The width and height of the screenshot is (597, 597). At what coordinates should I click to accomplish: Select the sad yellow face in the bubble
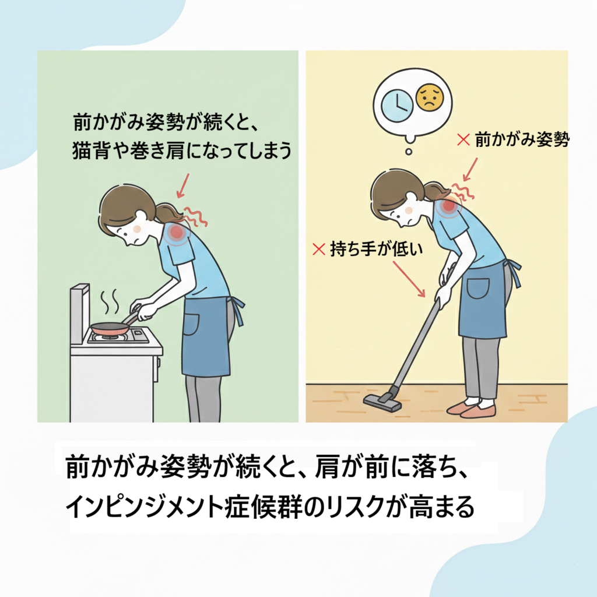430,97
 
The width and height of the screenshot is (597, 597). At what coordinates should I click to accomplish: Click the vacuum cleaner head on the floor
382,401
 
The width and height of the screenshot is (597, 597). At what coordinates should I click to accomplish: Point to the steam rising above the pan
110,301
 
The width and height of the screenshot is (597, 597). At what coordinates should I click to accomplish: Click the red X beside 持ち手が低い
318,250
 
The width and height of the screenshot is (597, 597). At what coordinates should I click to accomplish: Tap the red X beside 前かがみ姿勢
463,139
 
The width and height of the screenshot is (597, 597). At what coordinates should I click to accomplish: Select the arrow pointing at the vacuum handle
409,279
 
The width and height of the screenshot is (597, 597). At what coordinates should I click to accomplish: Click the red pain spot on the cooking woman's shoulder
177,232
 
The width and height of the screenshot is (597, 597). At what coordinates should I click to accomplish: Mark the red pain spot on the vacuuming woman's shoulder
449,206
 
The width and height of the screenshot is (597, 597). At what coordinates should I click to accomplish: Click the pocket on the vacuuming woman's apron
478,288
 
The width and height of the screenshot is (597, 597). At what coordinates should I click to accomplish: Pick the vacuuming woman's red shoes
472,409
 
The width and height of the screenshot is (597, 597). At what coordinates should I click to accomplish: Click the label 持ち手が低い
376,250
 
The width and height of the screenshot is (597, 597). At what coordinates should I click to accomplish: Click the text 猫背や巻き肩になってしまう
182,150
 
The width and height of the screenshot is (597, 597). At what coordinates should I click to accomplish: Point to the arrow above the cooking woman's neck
182,186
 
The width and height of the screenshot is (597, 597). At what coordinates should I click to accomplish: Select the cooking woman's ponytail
168,212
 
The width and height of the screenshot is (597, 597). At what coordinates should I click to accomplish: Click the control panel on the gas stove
140,335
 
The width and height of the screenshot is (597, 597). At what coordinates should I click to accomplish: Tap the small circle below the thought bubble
409,152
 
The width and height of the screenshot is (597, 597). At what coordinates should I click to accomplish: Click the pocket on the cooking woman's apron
191,324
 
